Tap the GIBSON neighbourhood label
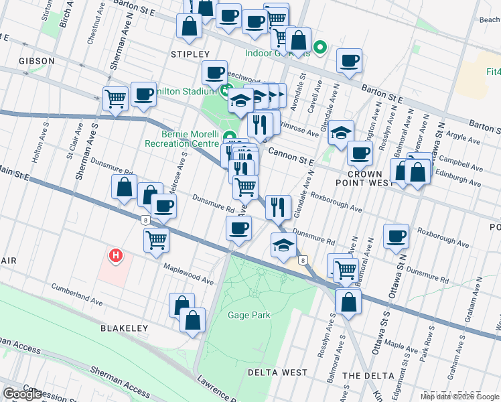pos(37,61)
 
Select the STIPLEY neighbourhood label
pos(190,54)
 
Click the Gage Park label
pos(248,315)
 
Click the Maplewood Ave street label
pos(190,274)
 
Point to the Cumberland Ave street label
pos(79,295)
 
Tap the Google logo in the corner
pos(22,394)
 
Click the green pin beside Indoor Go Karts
pos(320,48)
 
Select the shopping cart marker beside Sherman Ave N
pos(115,99)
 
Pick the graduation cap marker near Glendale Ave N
pos(341,131)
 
